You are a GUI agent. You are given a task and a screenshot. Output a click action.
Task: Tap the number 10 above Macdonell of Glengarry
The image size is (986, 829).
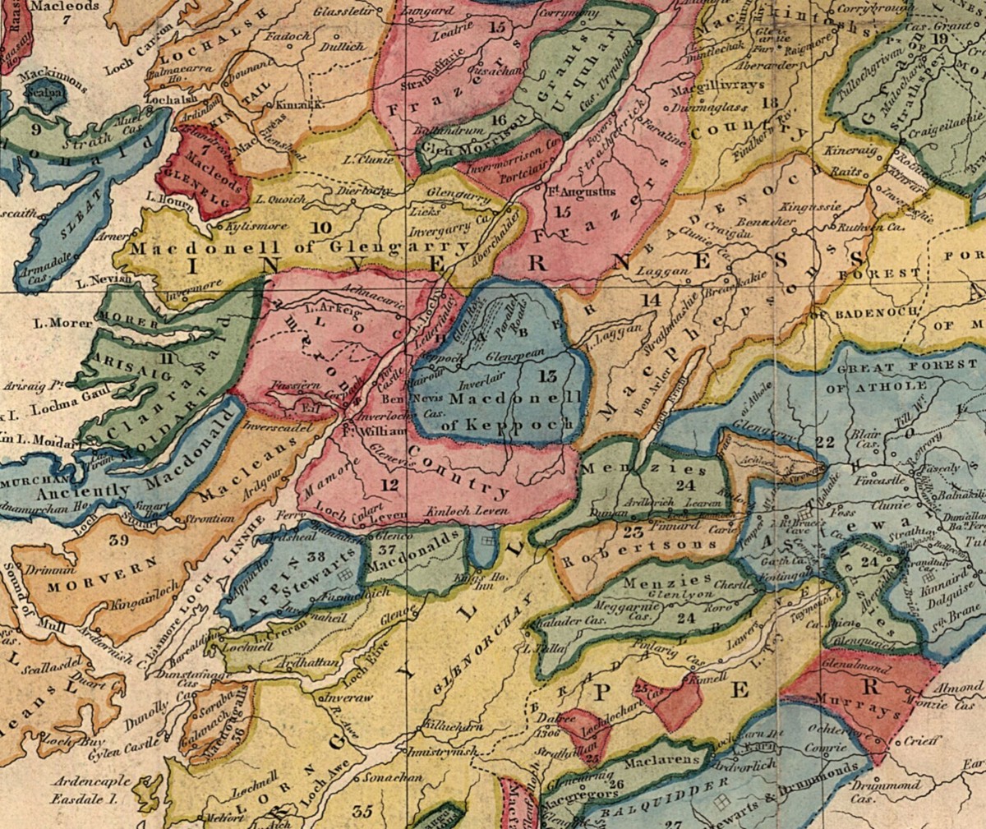(321, 227)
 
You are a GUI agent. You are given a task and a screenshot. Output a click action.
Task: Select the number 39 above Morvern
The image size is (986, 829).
(118, 540)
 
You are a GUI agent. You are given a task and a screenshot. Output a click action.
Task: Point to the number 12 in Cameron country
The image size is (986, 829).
(389, 485)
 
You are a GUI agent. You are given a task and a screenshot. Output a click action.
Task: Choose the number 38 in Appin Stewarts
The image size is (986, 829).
(316, 556)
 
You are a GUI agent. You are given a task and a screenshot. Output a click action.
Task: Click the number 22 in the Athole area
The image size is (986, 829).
(825, 442)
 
